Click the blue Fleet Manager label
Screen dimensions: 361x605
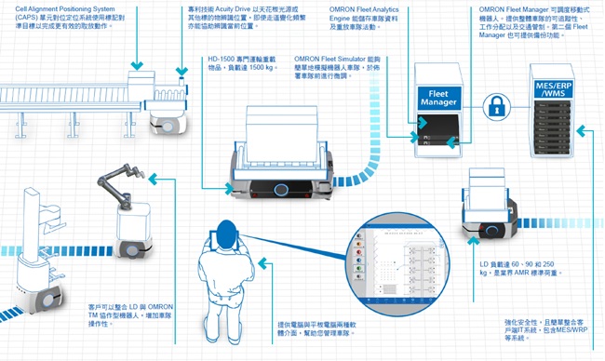pyautogui.click(x=438, y=98)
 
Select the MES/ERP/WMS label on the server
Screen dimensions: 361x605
pyautogui.click(x=556, y=88)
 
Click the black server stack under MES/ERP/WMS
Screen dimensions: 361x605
pyautogui.click(x=556, y=130)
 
